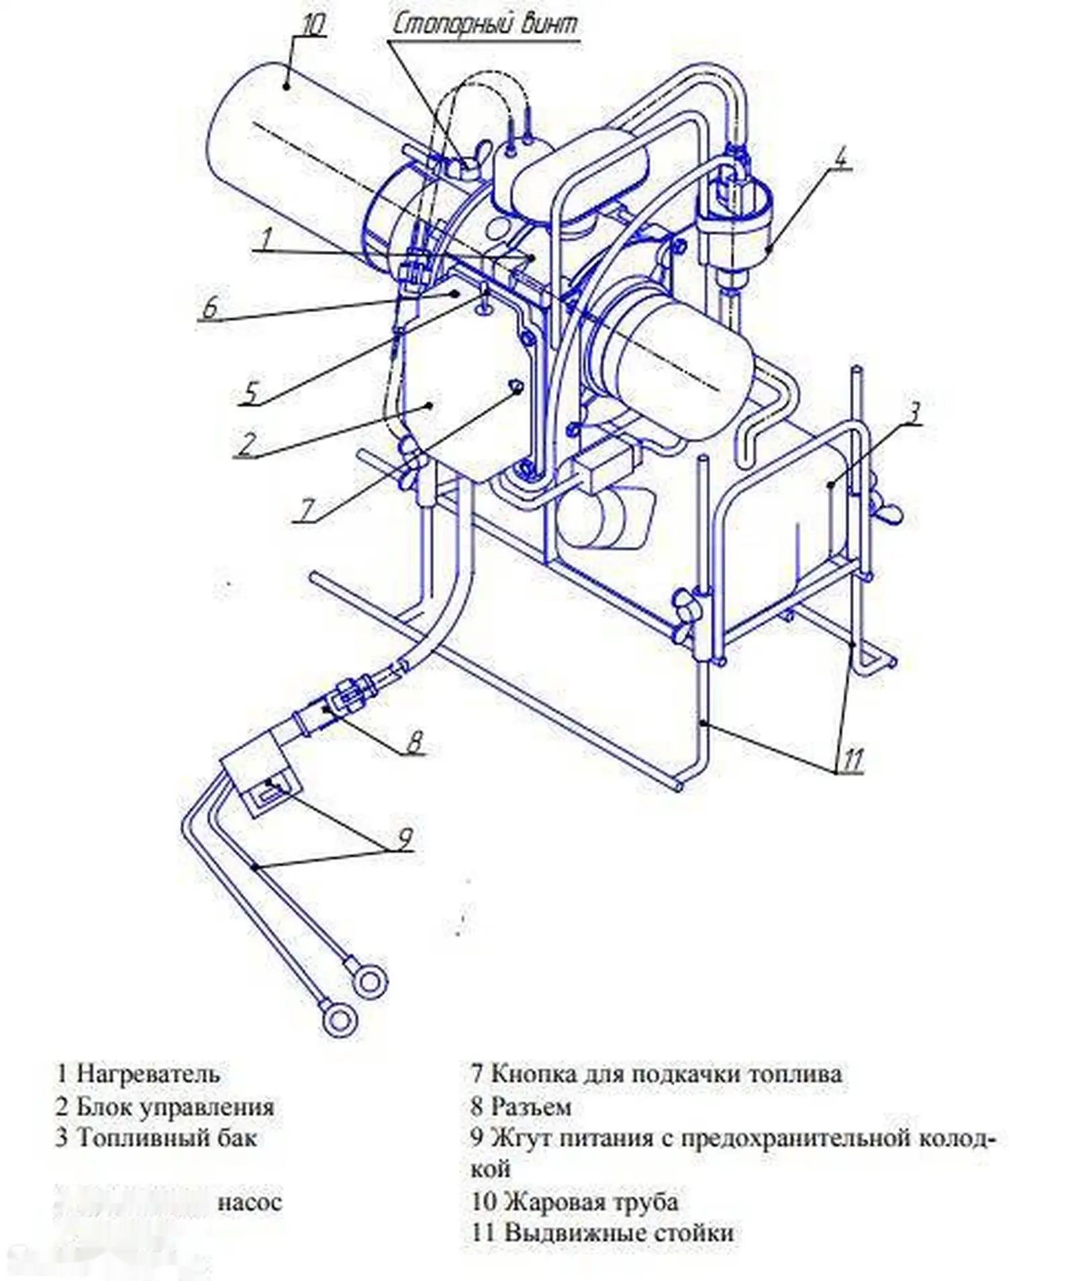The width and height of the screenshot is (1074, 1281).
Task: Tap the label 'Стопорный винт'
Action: [484, 25]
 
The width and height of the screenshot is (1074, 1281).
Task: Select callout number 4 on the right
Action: [842, 156]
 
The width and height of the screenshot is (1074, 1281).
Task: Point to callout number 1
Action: [266, 238]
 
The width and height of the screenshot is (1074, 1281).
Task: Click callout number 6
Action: [210, 309]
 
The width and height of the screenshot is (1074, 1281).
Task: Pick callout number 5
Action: [250, 393]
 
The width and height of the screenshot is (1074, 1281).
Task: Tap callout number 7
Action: [306, 511]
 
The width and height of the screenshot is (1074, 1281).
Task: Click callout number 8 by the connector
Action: [414, 741]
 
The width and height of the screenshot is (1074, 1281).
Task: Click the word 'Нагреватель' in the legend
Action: [148, 1073]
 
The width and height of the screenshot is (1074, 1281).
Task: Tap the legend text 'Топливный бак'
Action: [166, 1138]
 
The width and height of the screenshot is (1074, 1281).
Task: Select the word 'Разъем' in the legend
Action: [530, 1106]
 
